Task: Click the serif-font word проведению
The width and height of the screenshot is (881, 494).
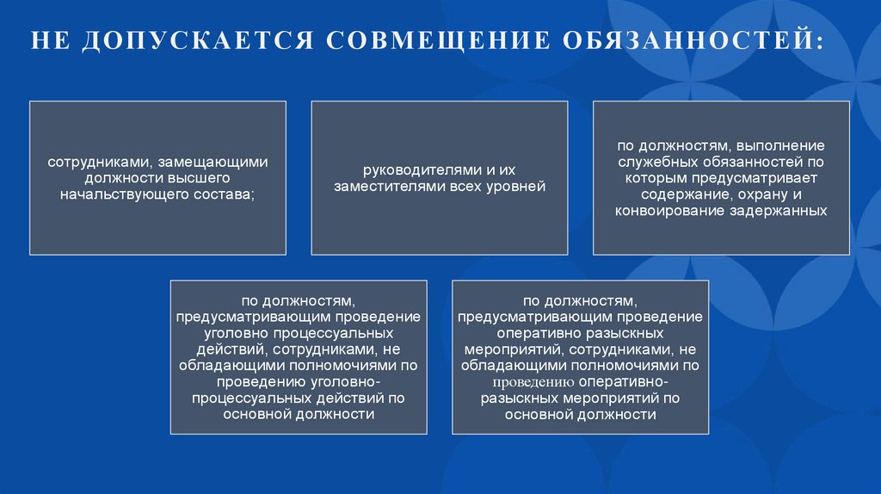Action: tap(533, 382)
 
